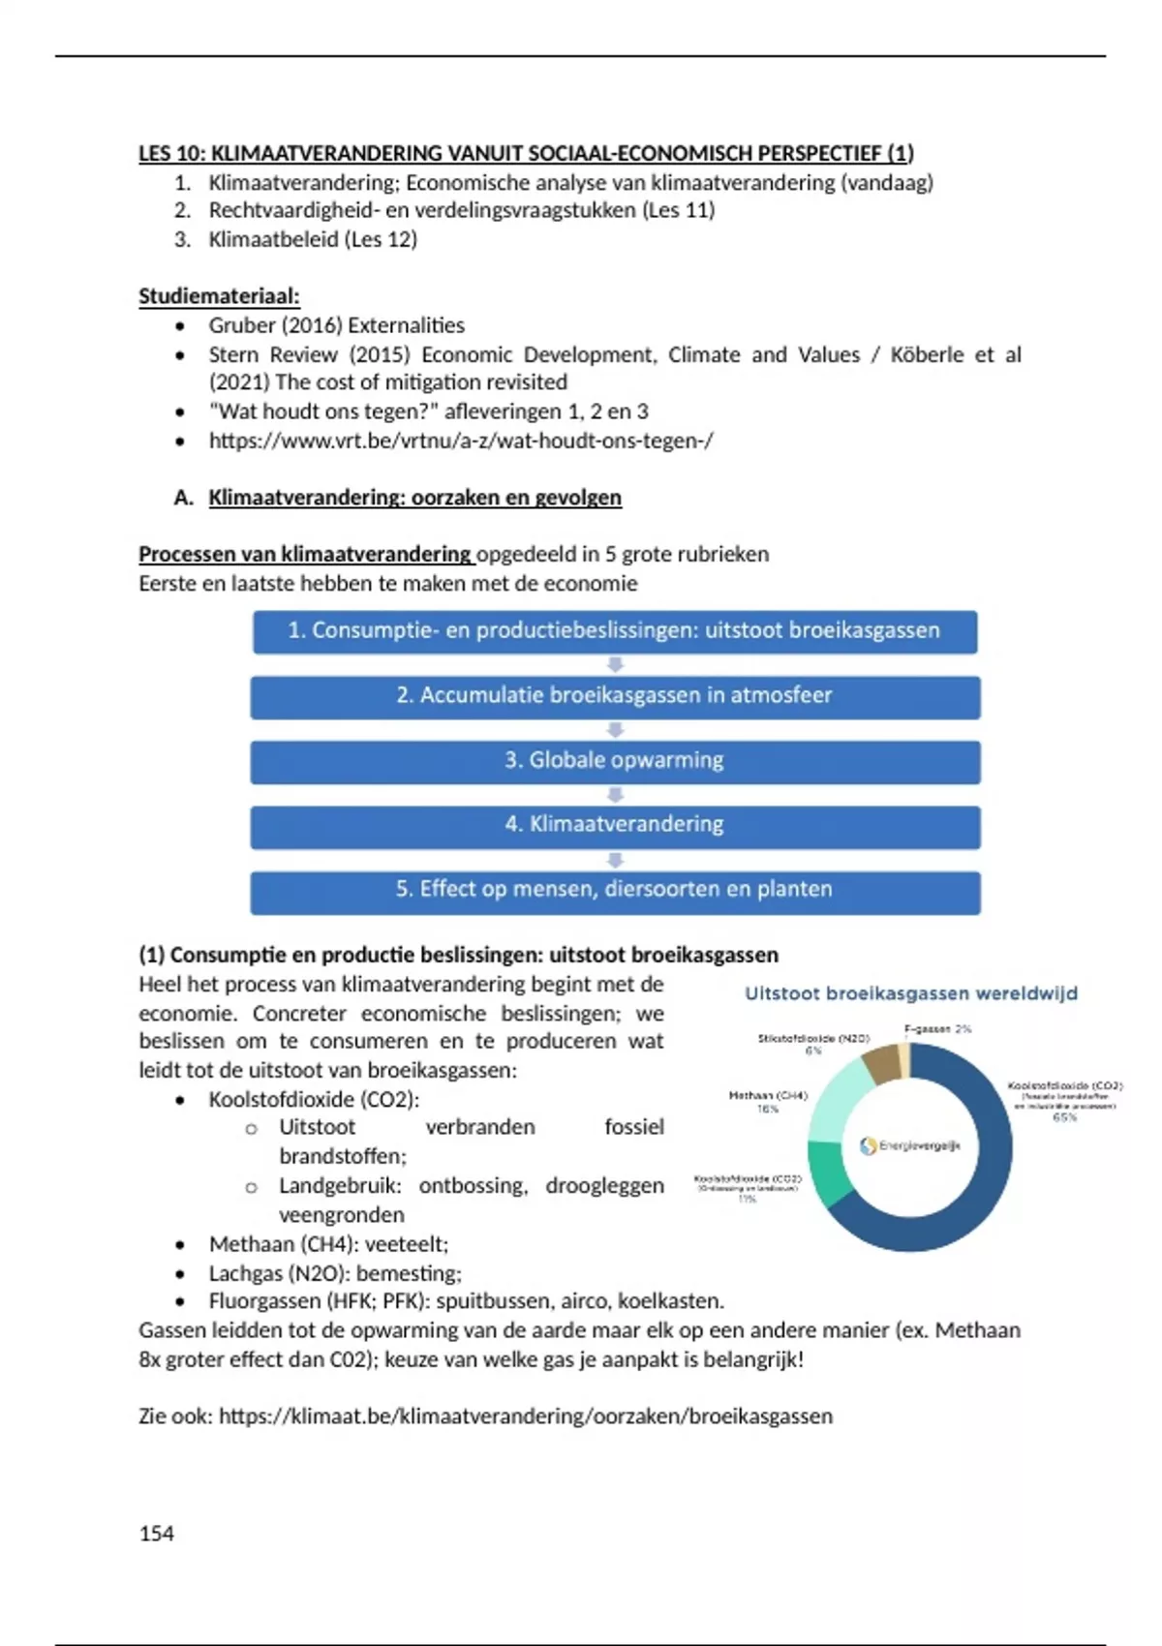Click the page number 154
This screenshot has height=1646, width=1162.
pyautogui.click(x=157, y=1534)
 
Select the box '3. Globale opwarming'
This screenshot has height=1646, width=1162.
pyautogui.click(x=615, y=761)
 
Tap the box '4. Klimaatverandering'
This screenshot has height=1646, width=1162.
pyautogui.click(x=615, y=826)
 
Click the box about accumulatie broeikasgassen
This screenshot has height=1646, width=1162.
pyautogui.click(x=615, y=696)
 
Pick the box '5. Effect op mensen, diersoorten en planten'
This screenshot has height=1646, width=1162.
pyautogui.click(x=615, y=891)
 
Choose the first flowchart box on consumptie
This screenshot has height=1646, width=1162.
pyautogui.click(x=615, y=631)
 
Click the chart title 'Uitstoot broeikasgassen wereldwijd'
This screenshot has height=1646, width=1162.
pyautogui.click(x=910, y=993)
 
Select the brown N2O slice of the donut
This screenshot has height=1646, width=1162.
pyautogui.click(x=880, y=1064)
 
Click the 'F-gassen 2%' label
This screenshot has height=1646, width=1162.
pyautogui.click(x=937, y=1029)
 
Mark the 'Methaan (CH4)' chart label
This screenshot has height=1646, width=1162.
pyautogui.click(x=768, y=1096)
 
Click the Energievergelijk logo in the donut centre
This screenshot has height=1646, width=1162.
pyautogui.click(x=910, y=1146)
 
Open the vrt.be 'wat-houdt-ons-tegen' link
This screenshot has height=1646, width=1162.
pyautogui.click(x=461, y=441)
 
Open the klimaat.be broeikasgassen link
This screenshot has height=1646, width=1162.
pyautogui.click(x=525, y=1417)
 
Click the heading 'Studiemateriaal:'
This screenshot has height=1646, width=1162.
pyautogui.click(x=219, y=296)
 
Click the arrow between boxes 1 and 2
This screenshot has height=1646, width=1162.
pyautogui.click(x=615, y=665)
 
